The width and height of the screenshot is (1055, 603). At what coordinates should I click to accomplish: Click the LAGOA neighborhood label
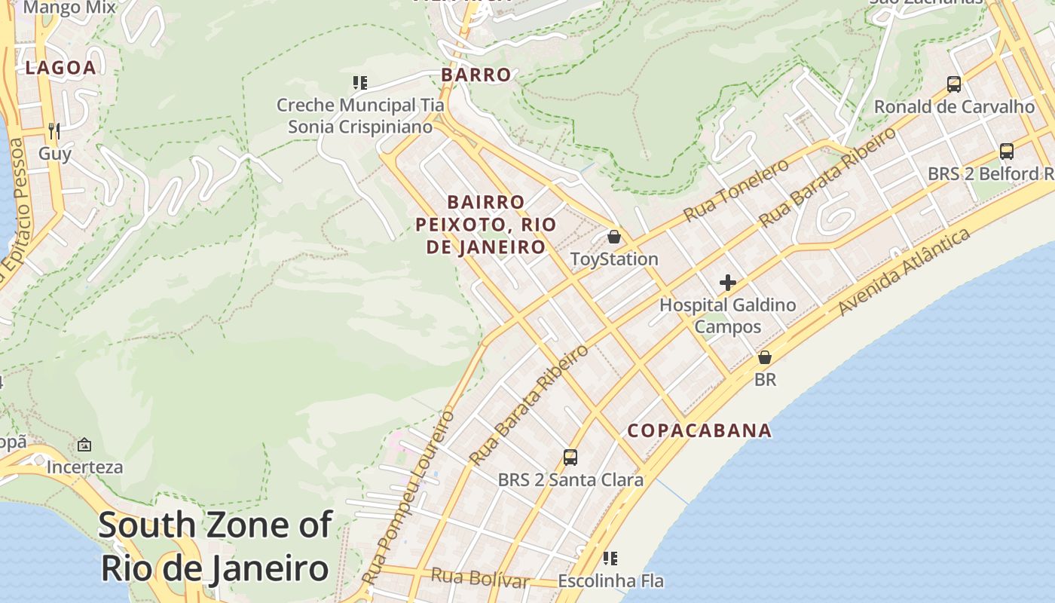coord(61,68)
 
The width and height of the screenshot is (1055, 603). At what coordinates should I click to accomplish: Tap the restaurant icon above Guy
coord(54,131)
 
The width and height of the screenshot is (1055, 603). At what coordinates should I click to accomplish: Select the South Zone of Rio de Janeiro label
coord(215,546)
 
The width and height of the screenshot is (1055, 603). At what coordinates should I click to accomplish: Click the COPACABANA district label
coord(699,430)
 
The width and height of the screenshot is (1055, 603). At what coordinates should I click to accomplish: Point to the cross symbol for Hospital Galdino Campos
coord(727,283)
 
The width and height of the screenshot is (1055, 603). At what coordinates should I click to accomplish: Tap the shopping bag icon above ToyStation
coord(614,237)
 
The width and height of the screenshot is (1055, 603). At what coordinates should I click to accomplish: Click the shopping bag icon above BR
coord(765,357)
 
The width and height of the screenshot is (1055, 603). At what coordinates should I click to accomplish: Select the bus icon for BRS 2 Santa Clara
coord(570,457)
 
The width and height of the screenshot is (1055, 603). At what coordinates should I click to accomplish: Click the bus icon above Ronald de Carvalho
coord(954,84)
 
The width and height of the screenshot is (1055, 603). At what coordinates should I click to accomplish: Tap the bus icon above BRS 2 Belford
coord(1007,151)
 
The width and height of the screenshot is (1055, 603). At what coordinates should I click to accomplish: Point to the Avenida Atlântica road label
coord(904,273)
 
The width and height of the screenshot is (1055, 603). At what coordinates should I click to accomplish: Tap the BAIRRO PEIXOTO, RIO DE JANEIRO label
coord(486,225)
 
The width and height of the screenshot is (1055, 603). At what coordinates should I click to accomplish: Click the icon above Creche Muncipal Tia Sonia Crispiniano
coord(359,82)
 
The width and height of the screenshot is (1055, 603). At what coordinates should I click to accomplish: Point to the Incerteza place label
coord(84,467)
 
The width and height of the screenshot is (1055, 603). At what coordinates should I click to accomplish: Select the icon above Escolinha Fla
coord(610,559)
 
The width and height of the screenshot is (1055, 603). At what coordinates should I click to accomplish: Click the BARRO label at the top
coord(476,75)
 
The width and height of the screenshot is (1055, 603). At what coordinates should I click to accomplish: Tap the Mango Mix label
coord(69,8)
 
